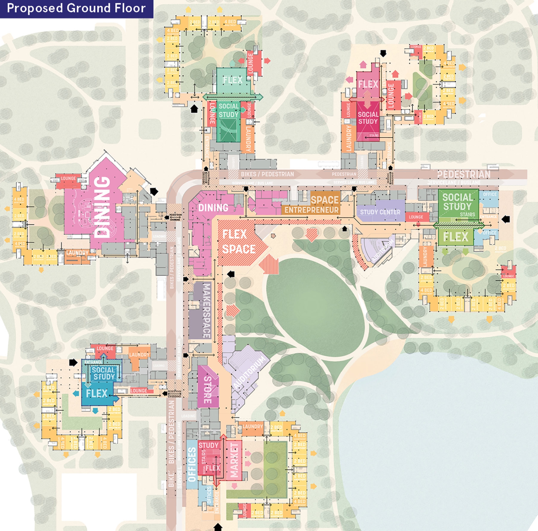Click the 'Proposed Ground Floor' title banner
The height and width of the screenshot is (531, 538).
pos(76,8)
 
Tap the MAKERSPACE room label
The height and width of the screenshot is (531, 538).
pos(206,311)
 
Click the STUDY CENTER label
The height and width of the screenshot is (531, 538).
pos(380,212)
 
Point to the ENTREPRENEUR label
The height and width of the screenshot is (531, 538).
pos(311,210)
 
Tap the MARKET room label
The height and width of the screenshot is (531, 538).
pos(234,460)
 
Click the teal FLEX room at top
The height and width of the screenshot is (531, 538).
pos(233,80)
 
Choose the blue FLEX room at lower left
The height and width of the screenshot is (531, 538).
pos(97,393)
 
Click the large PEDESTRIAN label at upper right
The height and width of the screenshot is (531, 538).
pos(464,174)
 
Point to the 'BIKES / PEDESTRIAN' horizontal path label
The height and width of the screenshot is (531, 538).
pos(268,174)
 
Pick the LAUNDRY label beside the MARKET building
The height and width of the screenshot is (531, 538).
pos(253,427)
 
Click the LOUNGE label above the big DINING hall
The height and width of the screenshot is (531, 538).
pos(68,178)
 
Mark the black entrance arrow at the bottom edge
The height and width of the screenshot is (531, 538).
pos(218,527)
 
